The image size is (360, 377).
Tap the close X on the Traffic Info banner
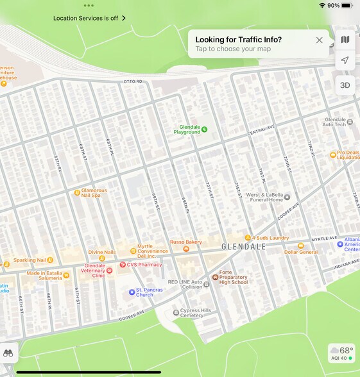coord(320,40)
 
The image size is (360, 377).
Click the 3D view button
coord(345,85)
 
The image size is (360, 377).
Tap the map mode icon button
coord(345,40)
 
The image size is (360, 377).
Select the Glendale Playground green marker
coord(204,130)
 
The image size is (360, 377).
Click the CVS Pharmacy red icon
coord(123,264)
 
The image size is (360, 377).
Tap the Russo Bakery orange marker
coord(186,249)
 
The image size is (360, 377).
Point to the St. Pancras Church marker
coord(132,292)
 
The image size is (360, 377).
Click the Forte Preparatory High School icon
coord(215,277)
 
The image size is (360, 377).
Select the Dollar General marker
coord(300,245)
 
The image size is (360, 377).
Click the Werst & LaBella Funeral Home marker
coord(287,197)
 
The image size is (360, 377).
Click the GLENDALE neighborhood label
coord(243,247)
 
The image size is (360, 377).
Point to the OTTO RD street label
coord(132,82)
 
